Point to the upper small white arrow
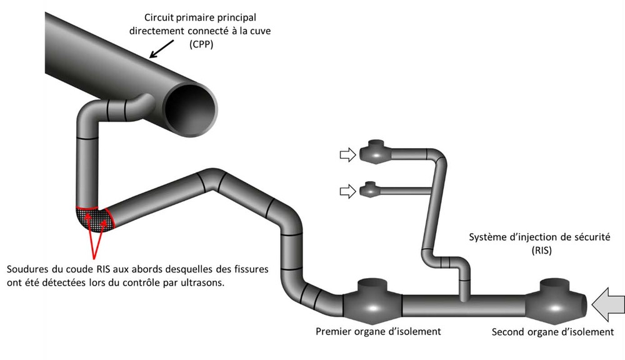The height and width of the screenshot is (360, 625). (347, 154)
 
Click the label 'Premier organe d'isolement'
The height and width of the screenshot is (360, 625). (379, 331)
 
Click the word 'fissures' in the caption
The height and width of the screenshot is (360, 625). (250, 270)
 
